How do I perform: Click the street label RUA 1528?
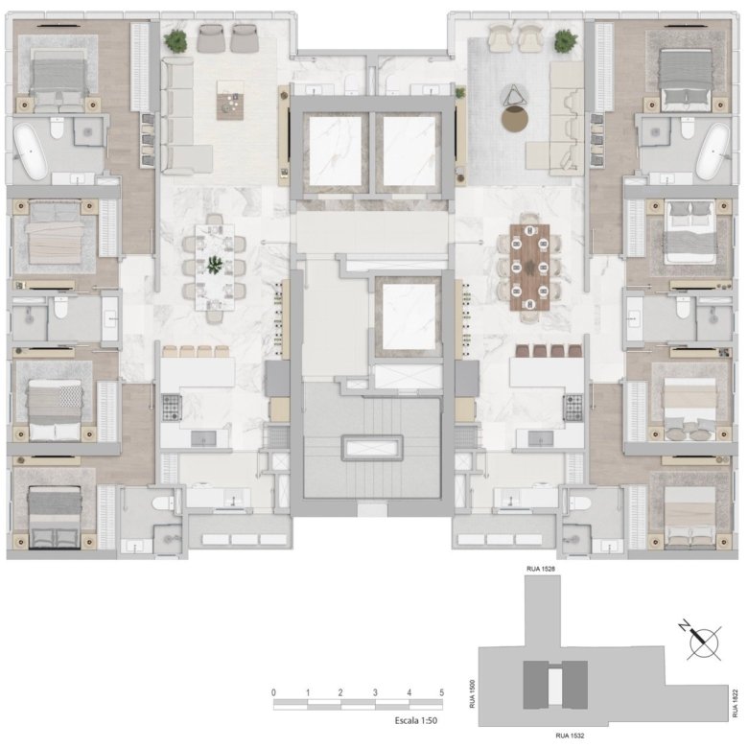[x=541, y=569]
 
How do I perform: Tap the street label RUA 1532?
[x=570, y=736]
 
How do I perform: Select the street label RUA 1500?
[x=472, y=693]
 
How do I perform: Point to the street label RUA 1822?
[x=735, y=703]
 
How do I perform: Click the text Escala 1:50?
[x=416, y=720]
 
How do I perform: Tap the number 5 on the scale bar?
[x=442, y=692]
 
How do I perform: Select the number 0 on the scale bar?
[x=273, y=692]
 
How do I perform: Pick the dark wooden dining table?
[x=529, y=268]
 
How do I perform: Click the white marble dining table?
[x=215, y=268]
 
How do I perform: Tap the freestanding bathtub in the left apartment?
[x=31, y=151]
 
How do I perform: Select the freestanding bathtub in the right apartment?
[x=713, y=151]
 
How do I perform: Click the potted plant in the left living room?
[x=176, y=40]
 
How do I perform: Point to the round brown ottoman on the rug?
[x=515, y=118]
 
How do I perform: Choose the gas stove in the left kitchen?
[x=172, y=408]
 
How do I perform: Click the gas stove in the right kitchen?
[x=573, y=408]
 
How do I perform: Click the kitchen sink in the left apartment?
[x=203, y=438]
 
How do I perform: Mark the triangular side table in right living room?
[x=515, y=95]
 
